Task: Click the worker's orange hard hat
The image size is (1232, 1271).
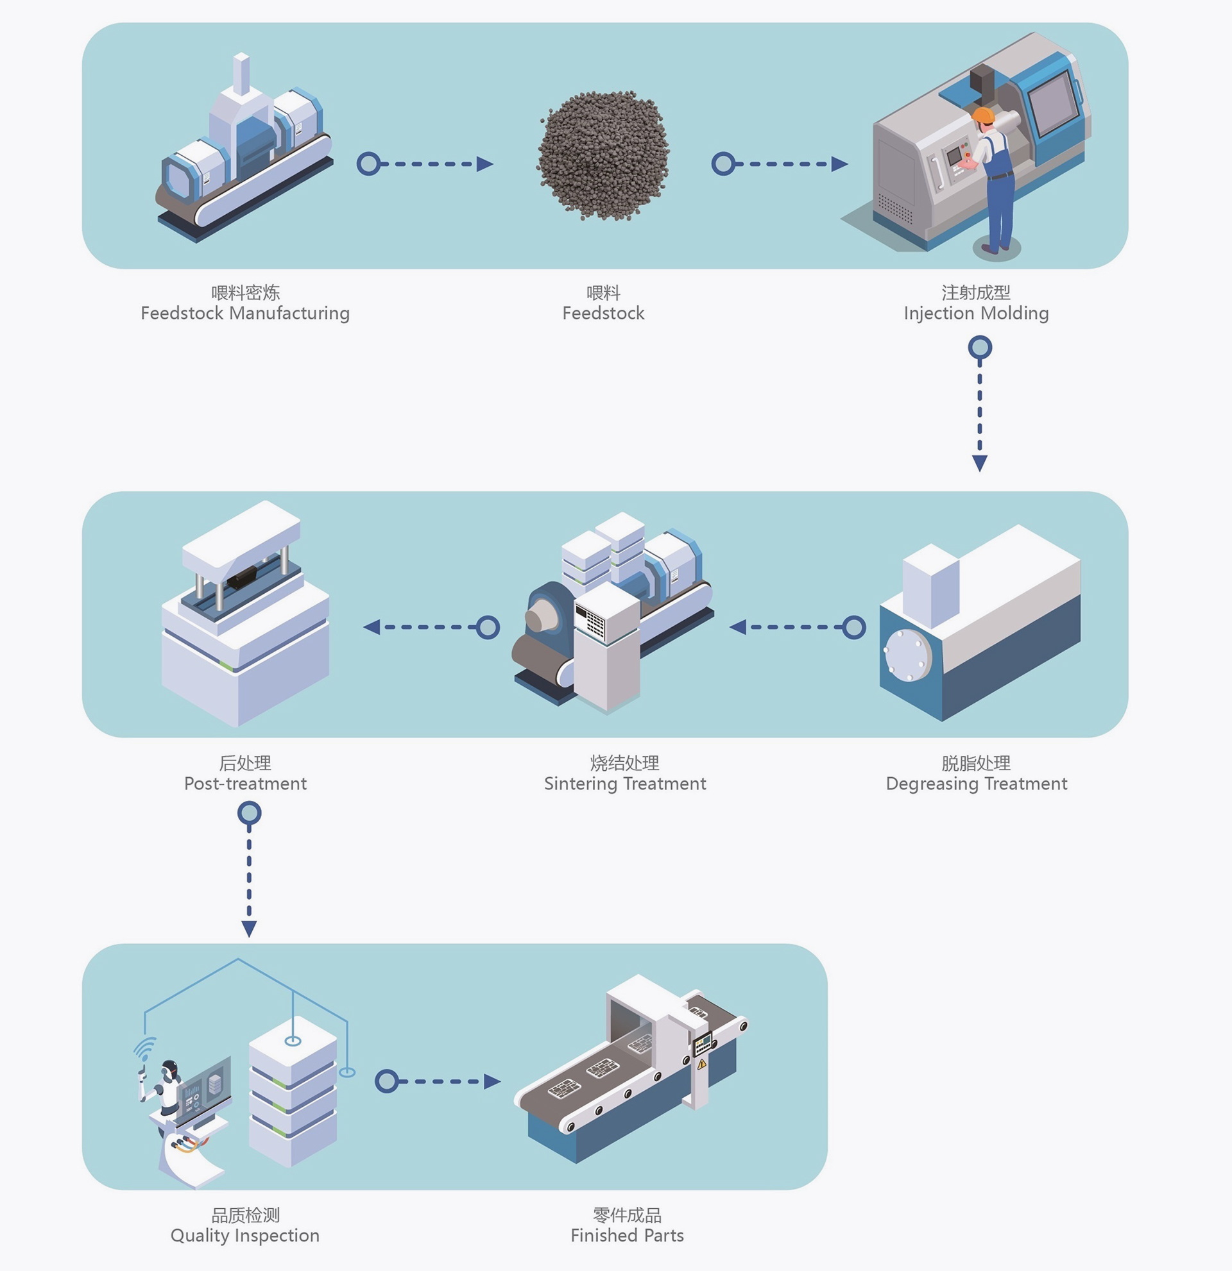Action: click(x=984, y=115)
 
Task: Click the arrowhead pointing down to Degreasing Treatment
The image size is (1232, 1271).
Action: click(x=980, y=463)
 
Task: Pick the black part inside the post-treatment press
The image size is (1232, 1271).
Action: click(x=241, y=577)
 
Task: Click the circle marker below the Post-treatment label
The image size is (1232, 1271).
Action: click(x=249, y=812)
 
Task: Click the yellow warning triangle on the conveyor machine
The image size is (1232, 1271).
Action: click(x=701, y=1064)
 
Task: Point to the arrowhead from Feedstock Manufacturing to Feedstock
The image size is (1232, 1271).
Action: click(x=484, y=164)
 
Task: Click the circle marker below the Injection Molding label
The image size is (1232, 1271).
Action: click(x=980, y=348)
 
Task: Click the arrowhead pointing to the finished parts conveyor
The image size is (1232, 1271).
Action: click(x=492, y=1081)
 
